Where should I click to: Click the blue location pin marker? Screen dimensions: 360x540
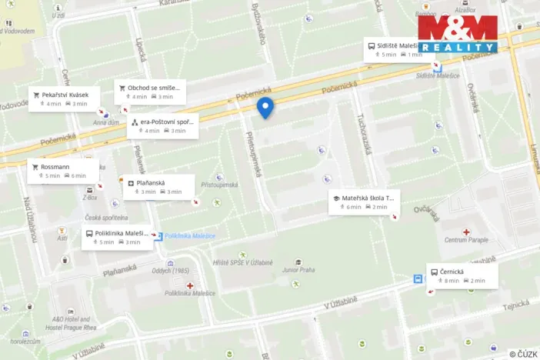tap(265, 108)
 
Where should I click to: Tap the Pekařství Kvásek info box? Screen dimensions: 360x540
tap(65, 98)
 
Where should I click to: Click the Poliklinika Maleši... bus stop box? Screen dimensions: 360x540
tap(115, 237)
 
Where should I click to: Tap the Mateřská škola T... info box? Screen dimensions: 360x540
tap(363, 202)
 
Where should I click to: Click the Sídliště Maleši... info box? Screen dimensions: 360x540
tap(397, 50)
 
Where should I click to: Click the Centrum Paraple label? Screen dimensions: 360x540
tap(467, 240)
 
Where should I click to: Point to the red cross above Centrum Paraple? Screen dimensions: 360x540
tap(466, 231)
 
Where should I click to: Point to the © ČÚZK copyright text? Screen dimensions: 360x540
tap(522, 354)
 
